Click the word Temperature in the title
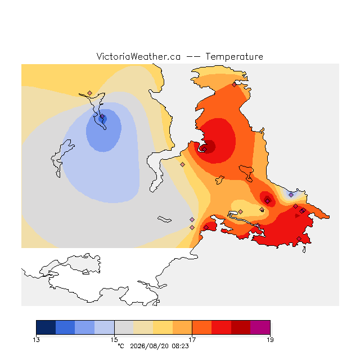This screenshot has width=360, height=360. [234, 57]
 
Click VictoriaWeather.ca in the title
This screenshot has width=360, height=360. [138, 56]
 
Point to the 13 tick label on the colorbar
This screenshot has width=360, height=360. [36, 340]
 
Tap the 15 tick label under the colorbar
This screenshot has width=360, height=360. [114, 340]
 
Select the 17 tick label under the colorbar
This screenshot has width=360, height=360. [192, 340]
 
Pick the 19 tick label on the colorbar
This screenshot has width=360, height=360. [270, 340]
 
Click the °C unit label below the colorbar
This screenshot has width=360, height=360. [121, 346]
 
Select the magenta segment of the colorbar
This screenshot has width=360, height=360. [260, 327]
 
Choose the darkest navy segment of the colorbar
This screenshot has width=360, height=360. [46, 327]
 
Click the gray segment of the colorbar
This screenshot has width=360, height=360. [124, 327]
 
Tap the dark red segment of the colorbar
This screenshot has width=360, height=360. [241, 327]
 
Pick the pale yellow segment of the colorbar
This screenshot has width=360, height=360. [163, 327]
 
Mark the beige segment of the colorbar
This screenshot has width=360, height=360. [143, 327]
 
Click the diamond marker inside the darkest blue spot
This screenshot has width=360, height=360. [102, 116]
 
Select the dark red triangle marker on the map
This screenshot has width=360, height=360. [298, 216]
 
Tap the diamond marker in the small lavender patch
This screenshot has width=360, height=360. [291, 195]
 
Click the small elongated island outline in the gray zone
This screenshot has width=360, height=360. [164, 219]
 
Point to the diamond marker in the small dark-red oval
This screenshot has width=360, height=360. [268, 201]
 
